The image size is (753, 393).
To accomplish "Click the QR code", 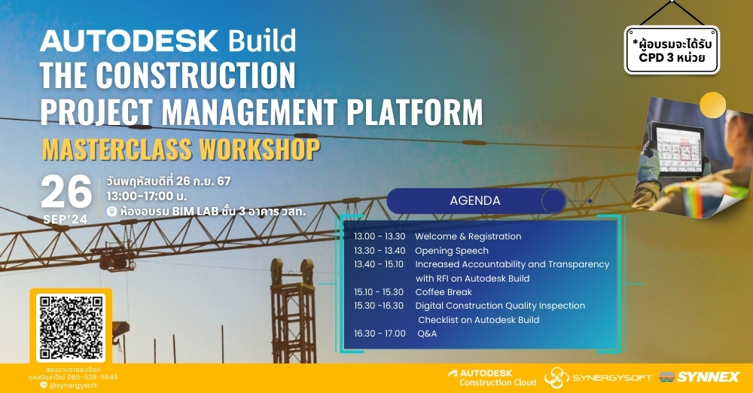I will pyautogui.click(x=71, y=327).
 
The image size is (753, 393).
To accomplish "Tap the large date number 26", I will pyautogui.click(x=66, y=193).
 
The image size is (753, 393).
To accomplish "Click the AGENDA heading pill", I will pyautogui.click(x=475, y=201).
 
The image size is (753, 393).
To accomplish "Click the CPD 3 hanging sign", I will pyautogui.click(x=672, y=50).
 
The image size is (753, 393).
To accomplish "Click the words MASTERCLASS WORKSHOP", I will pyautogui.click(x=180, y=149).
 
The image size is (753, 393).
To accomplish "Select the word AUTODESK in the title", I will pyautogui.click(x=129, y=40).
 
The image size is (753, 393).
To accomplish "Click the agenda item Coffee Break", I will pyautogui.click(x=444, y=292).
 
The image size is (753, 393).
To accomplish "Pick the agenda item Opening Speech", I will pyautogui.click(x=452, y=251).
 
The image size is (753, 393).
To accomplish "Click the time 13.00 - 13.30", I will pyautogui.click(x=379, y=236).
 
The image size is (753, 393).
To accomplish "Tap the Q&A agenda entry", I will pyautogui.click(x=427, y=334).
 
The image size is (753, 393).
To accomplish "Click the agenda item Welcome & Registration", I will pyautogui.click(x=468, y=236).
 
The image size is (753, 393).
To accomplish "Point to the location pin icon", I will pyautogui.click(x=111, y=212).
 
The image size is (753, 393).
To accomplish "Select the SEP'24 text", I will pyautogui.click(x=66, y=219).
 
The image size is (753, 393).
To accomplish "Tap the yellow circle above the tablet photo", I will pyautogui.click(x=712, y=104).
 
